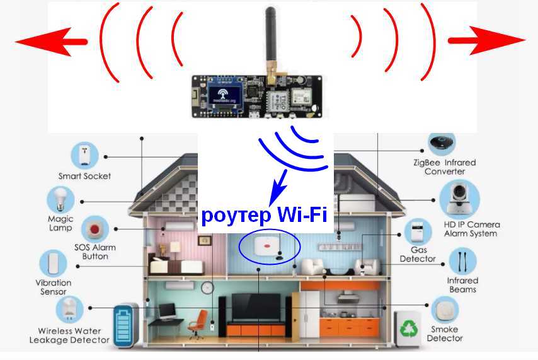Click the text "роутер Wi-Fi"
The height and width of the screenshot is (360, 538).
pos(264,216)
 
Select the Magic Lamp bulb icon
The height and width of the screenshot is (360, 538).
pos(61,200)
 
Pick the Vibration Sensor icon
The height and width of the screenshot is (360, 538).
pos(54,264)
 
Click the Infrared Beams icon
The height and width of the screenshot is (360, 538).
pos(462,261)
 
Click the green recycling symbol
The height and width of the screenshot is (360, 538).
pos(407,328)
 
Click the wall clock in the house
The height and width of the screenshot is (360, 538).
pos(207,288)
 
